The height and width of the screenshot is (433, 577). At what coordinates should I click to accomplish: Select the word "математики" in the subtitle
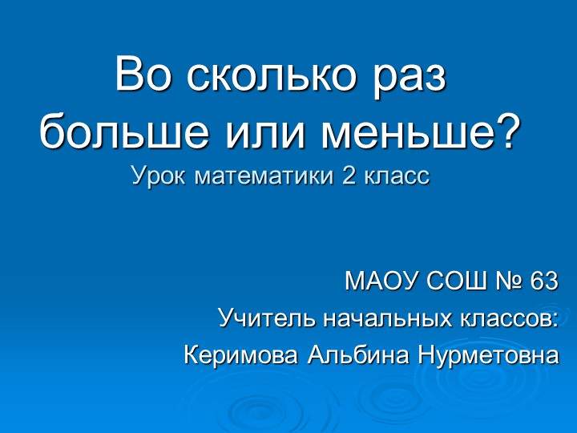pos(256,175)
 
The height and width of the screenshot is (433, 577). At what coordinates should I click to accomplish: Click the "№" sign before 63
pos(506,281)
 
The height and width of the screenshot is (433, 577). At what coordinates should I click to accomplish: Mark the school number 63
pos(543,281)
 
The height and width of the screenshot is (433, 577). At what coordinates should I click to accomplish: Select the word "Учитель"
pos(266,318)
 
